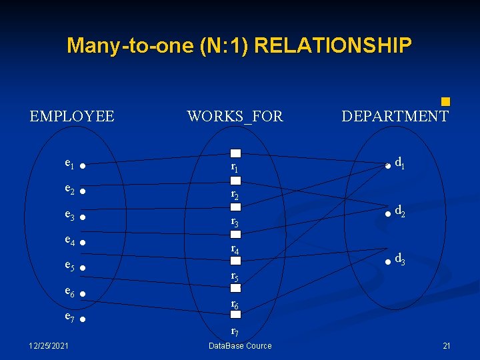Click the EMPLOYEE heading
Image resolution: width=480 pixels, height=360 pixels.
point(72,117)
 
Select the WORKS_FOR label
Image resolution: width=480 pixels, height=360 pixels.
point(235,117)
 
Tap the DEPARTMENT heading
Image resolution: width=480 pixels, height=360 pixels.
point(395,117)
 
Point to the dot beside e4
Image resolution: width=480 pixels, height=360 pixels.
point(81,242)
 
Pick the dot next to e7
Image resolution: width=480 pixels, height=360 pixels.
point(81,321)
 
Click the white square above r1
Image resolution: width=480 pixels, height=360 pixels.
point(235,153)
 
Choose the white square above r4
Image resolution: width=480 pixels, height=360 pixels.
point(235,235)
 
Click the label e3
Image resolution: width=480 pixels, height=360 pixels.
point(69,215)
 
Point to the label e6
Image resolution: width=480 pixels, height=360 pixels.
point(69,291)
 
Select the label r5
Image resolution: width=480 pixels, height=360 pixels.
point(235,275)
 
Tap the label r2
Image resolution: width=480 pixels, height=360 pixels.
point(235,195)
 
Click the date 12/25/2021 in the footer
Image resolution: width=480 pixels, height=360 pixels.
point(47,345)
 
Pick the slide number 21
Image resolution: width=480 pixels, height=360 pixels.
point(447,345)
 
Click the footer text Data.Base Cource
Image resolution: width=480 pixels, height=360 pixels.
point(240,345)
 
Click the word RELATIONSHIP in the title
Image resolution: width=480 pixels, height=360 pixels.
point(333,45)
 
